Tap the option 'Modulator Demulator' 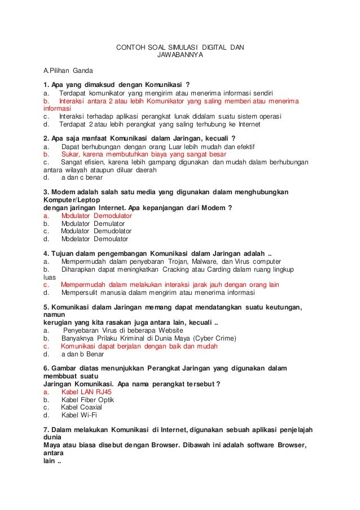93,224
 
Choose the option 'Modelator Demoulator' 94,239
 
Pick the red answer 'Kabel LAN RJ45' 86,391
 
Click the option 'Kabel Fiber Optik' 87,399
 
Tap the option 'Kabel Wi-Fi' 79,415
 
